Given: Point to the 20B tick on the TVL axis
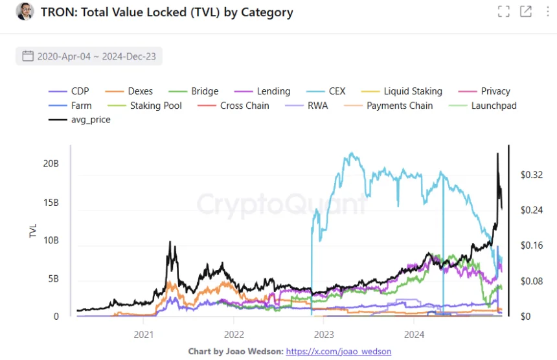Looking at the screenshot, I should pyautogui.click(x=51, y=164).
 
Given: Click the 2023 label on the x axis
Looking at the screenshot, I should pyautogui.click(x=323, y=334).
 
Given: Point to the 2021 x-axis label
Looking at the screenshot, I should pyautogui.click(x=143, y=334).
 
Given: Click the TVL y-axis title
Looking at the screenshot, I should pyautogui.click(x=34, y=231).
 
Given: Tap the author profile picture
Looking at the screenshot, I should pyautogui.click(x=25, y=12).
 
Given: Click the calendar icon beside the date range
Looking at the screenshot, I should pyautogui.click(x=28, y=56).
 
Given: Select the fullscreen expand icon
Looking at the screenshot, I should pyautogui.click(x=503, y=12).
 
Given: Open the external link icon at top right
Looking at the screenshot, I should pyautogui.click(x=525, y=12).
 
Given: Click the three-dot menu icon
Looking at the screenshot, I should pyautogui.click(x=547, y=12).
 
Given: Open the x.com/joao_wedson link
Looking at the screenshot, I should pyautogui.click(x=338, y=352).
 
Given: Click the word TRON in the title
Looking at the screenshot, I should pyautogui.click(x=58, y=12).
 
